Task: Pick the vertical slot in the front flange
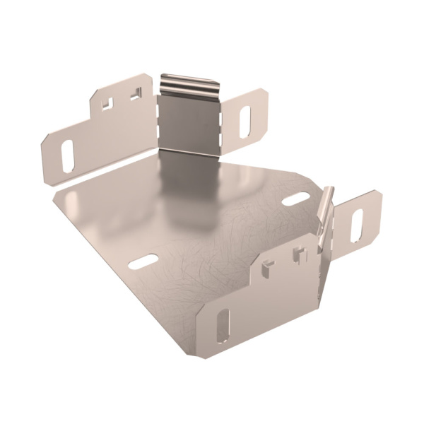[x=223, y=324]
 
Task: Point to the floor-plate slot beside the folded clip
[x=295, y=200]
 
